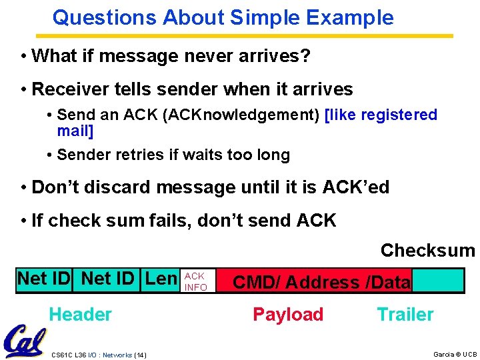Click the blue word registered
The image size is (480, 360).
point(399,115)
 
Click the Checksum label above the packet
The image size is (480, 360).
point(427,251)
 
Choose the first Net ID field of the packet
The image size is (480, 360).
point(44,279)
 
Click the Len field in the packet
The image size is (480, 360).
point(161,279)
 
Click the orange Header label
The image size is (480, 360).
point(81,314)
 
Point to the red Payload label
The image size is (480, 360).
point(288,314)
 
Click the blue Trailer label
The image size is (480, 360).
point(405,314)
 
